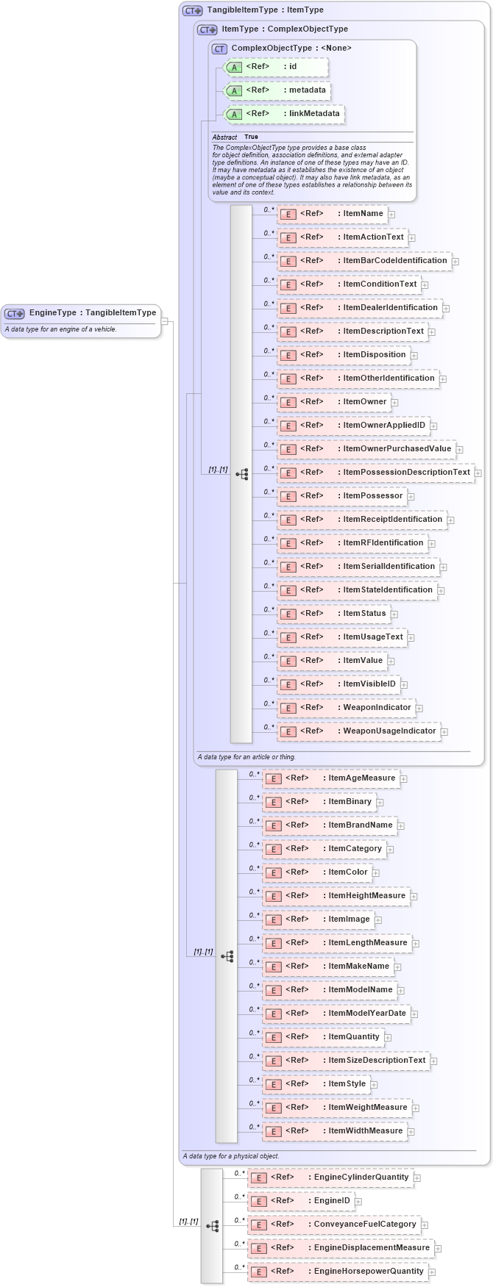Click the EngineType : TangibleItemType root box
point(81,313)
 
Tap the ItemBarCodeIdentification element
point(363,261)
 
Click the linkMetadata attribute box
point(284,114)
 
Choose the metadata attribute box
point(277,90)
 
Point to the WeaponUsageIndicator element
point(358,731)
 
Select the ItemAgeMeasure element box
point(330,778)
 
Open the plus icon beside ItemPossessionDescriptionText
point(478,473)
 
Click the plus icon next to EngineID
point(359,1202)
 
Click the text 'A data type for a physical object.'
point(230,1156)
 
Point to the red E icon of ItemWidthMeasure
point(273,1132)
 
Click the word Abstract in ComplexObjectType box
point(224,137)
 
